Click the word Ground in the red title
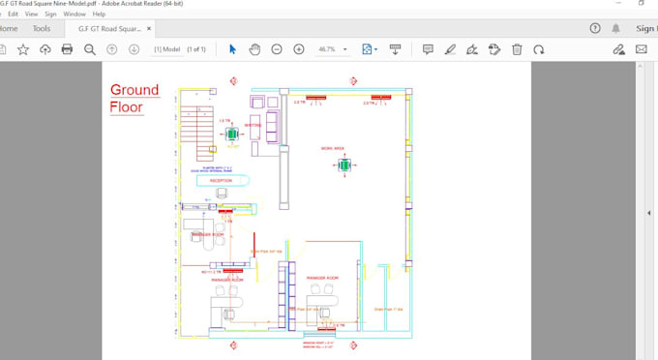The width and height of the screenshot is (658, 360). click(135, 90)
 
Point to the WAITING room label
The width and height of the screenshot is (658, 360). click(254, 125)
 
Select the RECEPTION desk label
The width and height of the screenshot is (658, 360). click(214, 180)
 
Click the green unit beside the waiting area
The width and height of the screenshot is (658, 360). click(232, 135)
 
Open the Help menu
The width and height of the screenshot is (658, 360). click(99, 15)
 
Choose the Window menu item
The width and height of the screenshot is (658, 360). click(74, 15)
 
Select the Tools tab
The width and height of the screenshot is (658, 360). click(42, 29)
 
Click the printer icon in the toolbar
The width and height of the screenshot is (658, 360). click(67, 49)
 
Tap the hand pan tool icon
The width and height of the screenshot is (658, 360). click(254, 49)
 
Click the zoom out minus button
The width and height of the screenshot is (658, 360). click(277, 49)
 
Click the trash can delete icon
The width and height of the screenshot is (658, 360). click(517, 49)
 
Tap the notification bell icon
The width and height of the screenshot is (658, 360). click(615, 29)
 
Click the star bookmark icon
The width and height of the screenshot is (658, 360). click(23, 49)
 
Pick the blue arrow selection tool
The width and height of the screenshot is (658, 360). click(232, 49)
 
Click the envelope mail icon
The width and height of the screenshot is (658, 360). click(641, 49)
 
